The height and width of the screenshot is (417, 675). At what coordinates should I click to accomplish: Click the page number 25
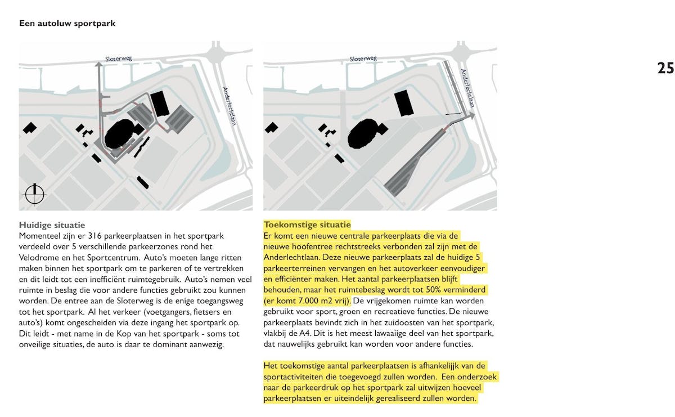(x=665, y=68)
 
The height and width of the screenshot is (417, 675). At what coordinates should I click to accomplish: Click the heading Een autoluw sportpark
(x=67, y=24)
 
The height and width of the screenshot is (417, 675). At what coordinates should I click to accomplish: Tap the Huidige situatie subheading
(x=52, y=225)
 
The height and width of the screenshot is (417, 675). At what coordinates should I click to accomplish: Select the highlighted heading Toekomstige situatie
(x=307, y=225)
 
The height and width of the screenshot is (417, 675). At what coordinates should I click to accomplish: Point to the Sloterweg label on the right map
(x=363, y=59)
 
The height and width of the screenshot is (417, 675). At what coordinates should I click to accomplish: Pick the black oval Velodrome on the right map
(x=364, y=133)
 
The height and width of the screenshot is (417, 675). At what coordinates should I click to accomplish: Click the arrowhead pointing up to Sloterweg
(x=99, y=65)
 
